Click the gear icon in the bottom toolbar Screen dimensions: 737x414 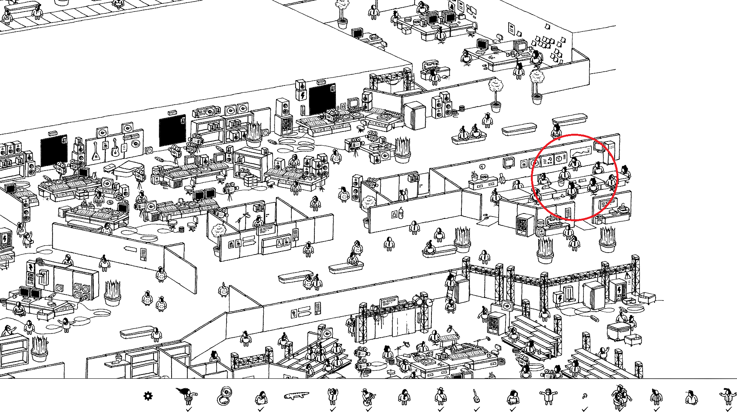(148, 396)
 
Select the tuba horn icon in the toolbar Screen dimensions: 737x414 (224, 396)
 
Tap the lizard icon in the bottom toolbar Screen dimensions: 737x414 (296, 395)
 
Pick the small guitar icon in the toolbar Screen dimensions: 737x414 (476, 396)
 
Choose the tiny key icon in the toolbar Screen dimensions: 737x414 (585, 396)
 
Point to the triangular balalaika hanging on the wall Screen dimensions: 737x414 (95, 151)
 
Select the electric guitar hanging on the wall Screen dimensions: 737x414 (115, 148)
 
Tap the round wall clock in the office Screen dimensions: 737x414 (483, 166)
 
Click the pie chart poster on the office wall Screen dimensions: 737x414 (560, 158)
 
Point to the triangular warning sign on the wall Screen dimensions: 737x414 (628, 276)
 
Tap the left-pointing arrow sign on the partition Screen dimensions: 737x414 (131, 250)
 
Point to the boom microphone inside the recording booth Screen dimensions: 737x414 (242, 218)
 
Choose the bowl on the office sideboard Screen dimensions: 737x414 (484, 177)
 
